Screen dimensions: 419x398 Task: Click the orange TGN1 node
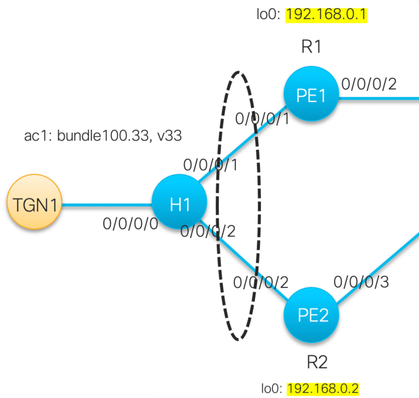[x=34, y=202]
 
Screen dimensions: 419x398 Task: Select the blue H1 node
[x=179, y=202]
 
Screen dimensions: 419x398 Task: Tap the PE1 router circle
[x=311, y=93]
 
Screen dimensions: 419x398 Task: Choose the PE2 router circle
[x=311, y=315]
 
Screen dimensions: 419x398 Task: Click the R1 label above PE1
[x=311, y=47]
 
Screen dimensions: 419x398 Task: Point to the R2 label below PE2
[x=317, y=362]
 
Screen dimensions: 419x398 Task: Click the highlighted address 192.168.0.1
[x=326, y=15]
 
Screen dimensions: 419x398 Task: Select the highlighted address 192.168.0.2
[x=323, y=388]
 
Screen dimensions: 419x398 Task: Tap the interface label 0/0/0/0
[x=130, y=224]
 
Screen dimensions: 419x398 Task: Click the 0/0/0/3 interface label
[x=361, y=282]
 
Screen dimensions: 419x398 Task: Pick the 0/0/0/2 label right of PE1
[x=369, y=84]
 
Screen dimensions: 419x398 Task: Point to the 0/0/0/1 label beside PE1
[x=262, y=119]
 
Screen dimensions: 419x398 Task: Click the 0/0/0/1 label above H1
[x=210, y=165]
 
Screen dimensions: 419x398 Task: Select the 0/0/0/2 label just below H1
[x=208, y=231]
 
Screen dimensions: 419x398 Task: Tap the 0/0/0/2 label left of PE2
[x=261, y=282]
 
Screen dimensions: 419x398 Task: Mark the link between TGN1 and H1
[x=107, y=205]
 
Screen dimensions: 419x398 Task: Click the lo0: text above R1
[x=268, y=14]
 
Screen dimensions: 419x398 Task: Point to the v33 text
[x=169, y=136]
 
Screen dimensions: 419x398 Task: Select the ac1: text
[x=38, y=136]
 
